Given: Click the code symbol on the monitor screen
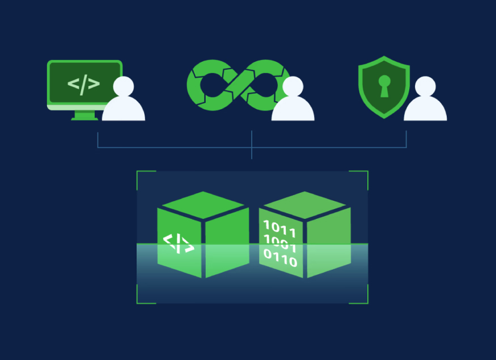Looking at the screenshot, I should (x=83, y=84).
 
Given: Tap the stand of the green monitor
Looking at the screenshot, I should (x=85, y=116).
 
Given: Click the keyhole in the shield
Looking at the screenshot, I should (x=384, y=85).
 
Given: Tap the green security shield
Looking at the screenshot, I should (x=384, y=87).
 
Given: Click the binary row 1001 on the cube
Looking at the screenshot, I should (x=280, y=245).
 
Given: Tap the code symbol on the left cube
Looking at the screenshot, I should (x=179, y=243).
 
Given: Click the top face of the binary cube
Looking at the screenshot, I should (x=305, y=205).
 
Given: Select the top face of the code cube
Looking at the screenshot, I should (x=203, y=205).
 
